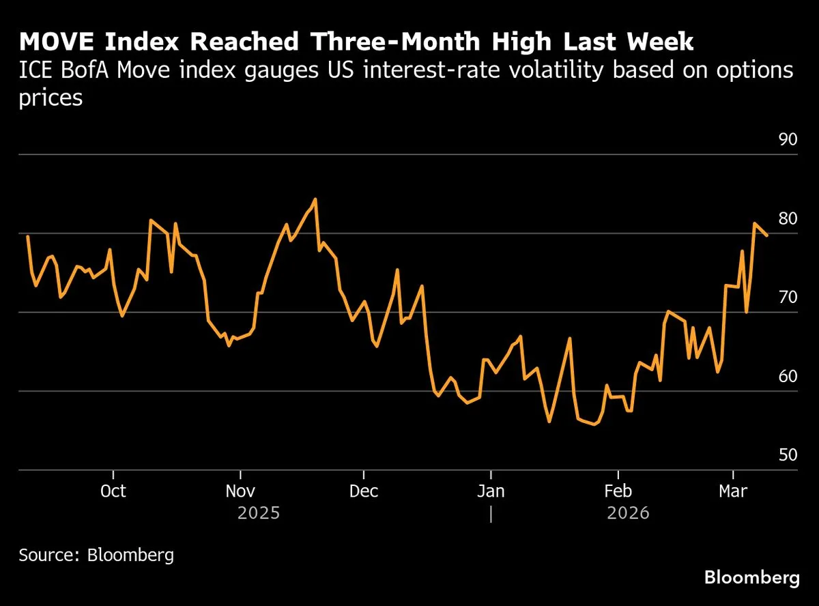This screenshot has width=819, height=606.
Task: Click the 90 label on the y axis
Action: (788, 140)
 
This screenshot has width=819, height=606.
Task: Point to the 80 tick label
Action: (788, 219)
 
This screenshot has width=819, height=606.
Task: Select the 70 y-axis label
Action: (788, 298)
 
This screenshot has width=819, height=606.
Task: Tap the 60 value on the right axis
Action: (788, 377)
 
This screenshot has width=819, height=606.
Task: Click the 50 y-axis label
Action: (788, 455)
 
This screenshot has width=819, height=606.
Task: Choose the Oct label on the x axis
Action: (113, 491)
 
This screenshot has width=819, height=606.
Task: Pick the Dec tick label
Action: (364, 491)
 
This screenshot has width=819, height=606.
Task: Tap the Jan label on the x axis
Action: (490, 491)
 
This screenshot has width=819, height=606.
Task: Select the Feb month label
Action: (618, 491)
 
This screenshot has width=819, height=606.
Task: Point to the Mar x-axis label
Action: (733, 491)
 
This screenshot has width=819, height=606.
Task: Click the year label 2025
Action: (259, 513)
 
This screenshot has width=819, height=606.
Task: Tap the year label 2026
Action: (628, 513)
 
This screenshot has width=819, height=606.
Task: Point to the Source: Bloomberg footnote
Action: (96, 554)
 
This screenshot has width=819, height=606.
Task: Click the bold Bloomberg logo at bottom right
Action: (751, 578)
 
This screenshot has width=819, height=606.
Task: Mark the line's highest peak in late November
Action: (315, 199)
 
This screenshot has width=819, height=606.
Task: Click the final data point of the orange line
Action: (767, 235)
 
